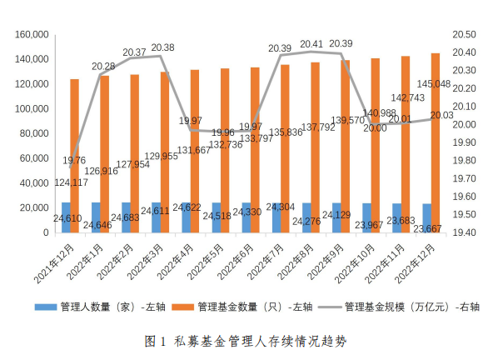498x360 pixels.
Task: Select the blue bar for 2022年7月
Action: pos(276,217)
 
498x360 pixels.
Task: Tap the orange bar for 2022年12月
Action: pos(436,142)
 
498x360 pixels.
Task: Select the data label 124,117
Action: pos(72,182)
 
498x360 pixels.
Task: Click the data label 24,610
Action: pos(67,218)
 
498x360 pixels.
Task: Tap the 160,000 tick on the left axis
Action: pos(31,35)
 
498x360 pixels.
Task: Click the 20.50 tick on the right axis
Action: pos(463,35)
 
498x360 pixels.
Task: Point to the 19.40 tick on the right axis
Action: pos(463,232)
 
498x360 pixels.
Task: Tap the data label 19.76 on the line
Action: pos(75,161)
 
